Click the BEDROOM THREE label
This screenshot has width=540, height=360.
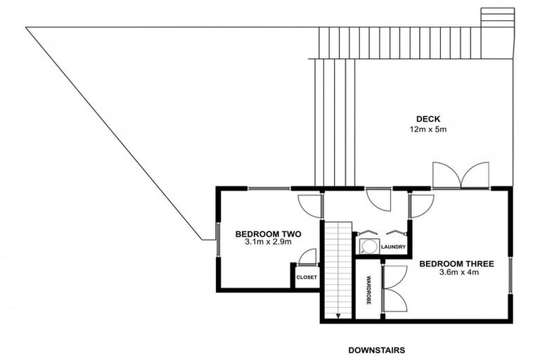coord(457,264)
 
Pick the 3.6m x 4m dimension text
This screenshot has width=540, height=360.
coord(457,273)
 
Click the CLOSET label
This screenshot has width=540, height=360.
coord(307,278)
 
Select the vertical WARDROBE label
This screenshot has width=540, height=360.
coord(368,288)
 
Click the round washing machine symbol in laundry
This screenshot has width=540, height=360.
coord(367,245)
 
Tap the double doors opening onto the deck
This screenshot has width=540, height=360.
coord(461,176)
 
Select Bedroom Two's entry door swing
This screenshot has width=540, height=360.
coord(309,204)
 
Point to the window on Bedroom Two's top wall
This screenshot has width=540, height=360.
coord(269,188)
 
